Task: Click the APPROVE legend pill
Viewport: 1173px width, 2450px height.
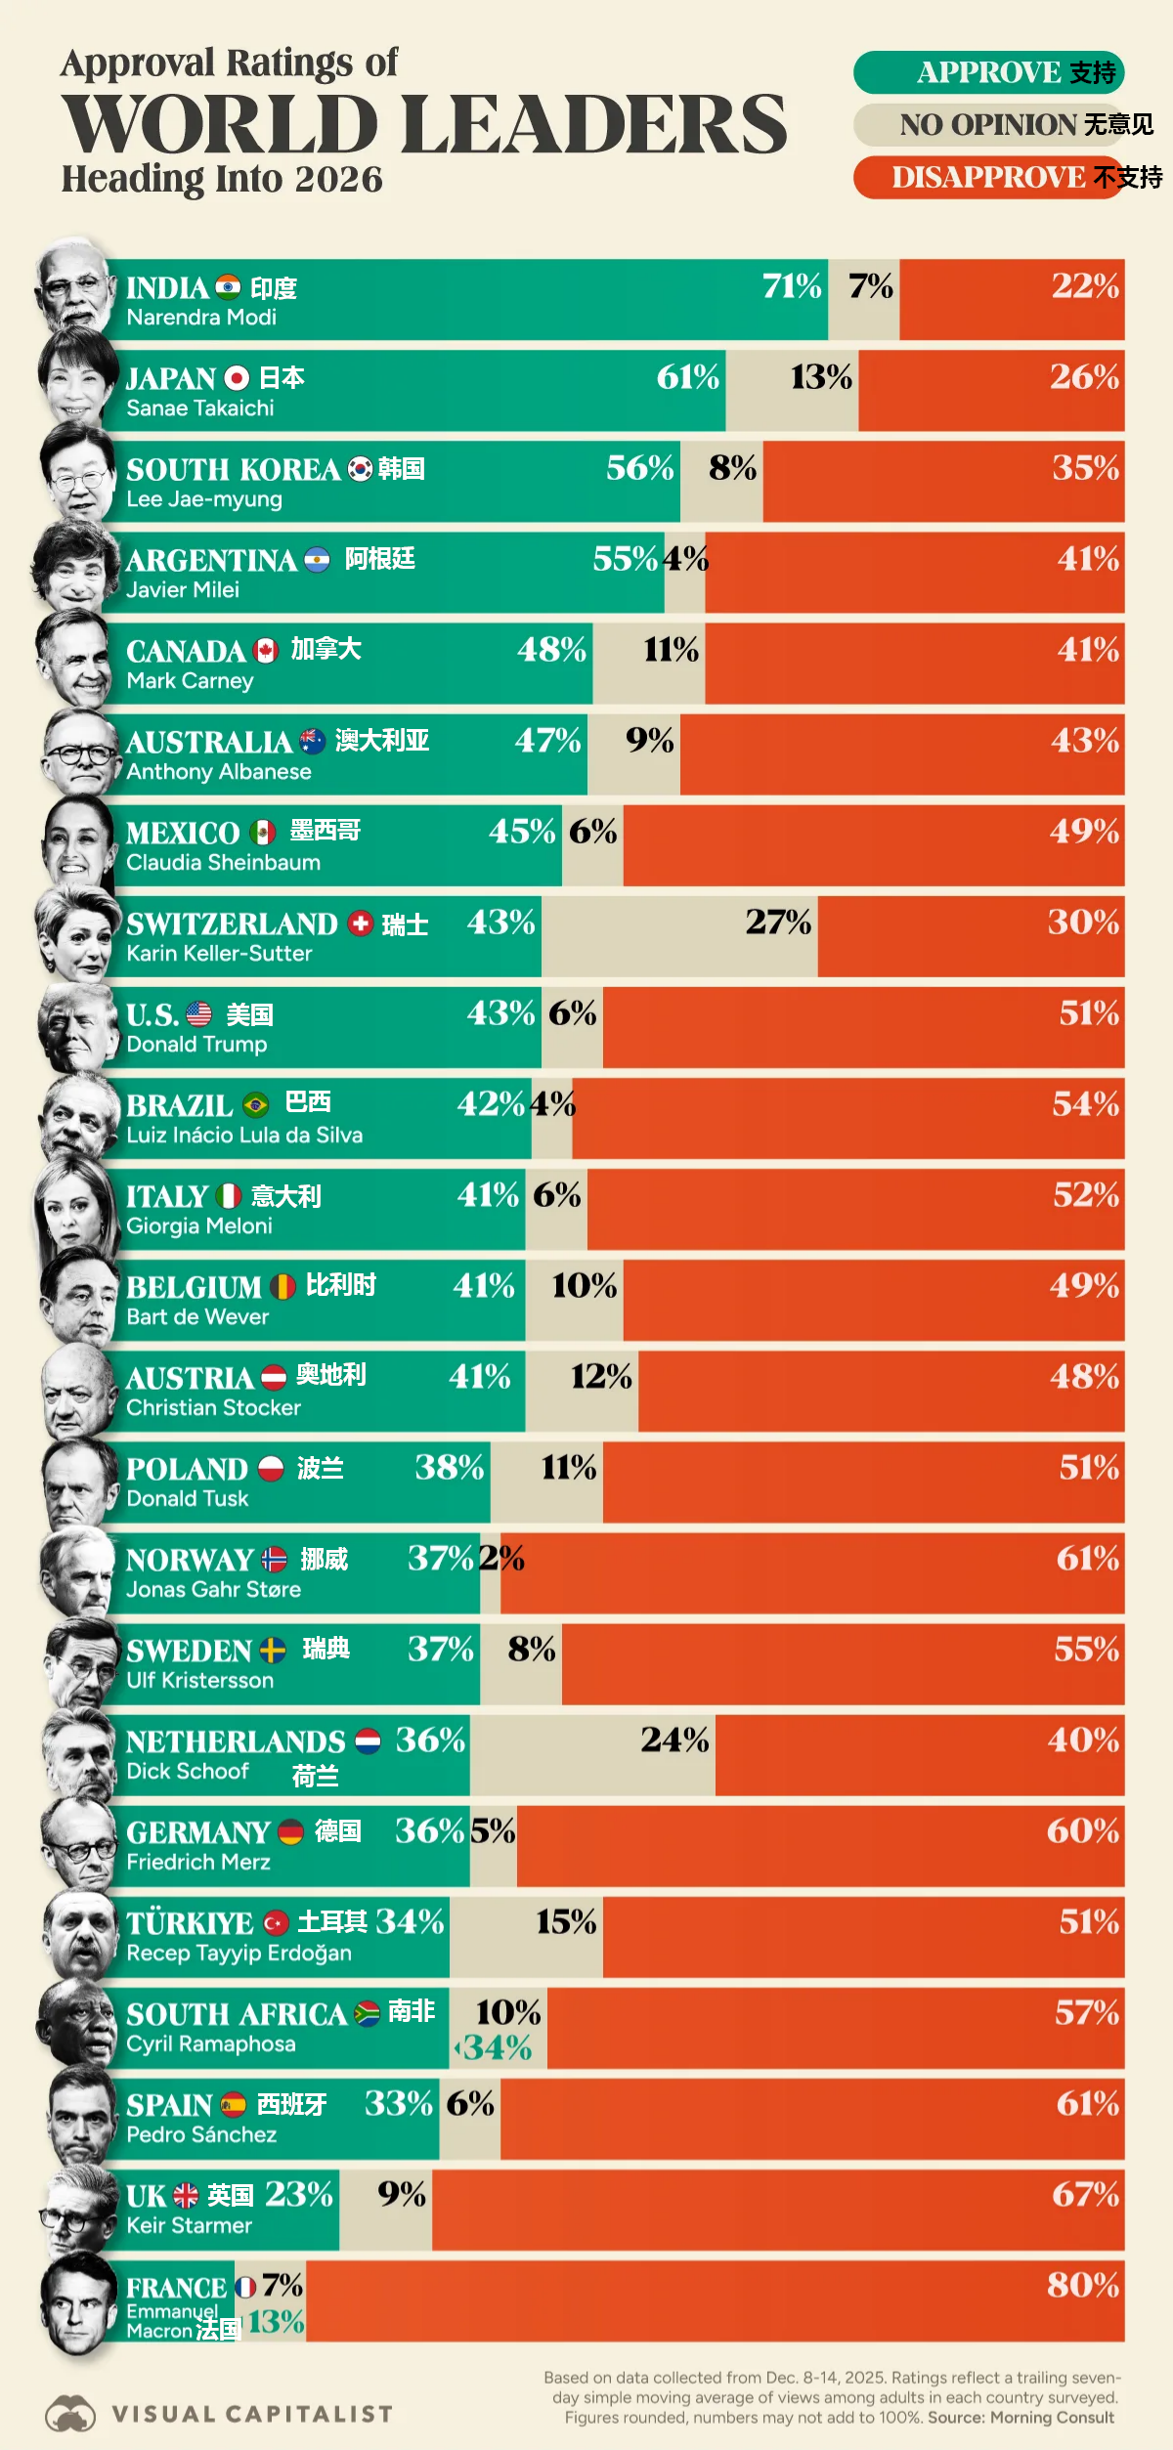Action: [988, 73]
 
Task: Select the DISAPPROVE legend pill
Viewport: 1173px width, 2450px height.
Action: [988, 178]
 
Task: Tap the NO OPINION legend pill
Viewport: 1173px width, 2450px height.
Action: [988, 125]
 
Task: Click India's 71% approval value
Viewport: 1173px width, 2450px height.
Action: [792, 286]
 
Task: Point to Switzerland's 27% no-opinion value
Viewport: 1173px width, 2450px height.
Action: [778, 922]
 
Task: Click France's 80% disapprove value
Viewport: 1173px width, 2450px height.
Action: [1082, 2285]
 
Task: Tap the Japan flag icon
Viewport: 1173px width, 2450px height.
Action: [237, 378]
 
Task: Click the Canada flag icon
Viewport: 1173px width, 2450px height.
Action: [266, 651]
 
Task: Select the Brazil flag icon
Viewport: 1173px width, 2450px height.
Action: [256, 1105]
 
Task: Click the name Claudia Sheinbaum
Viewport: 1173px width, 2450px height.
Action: [223, 863]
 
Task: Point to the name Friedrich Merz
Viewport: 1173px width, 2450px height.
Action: [198, 1863]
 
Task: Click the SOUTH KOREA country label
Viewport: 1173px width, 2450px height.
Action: [233, 470]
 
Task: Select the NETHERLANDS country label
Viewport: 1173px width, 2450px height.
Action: [236, 1742]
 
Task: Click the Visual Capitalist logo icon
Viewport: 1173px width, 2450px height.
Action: [70, 2413]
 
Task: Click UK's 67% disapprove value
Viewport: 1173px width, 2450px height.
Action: [1085, 2194]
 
